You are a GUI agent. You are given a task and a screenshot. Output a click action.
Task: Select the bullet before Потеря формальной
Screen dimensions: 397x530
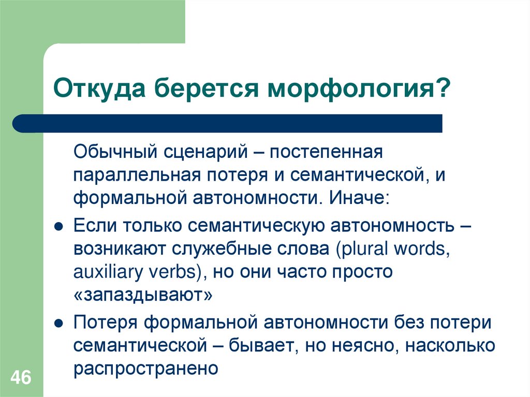[59, 325]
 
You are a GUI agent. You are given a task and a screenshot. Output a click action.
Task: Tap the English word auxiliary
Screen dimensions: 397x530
[105, 272]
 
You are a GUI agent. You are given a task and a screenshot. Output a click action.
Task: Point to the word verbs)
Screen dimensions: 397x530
[174, 272]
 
